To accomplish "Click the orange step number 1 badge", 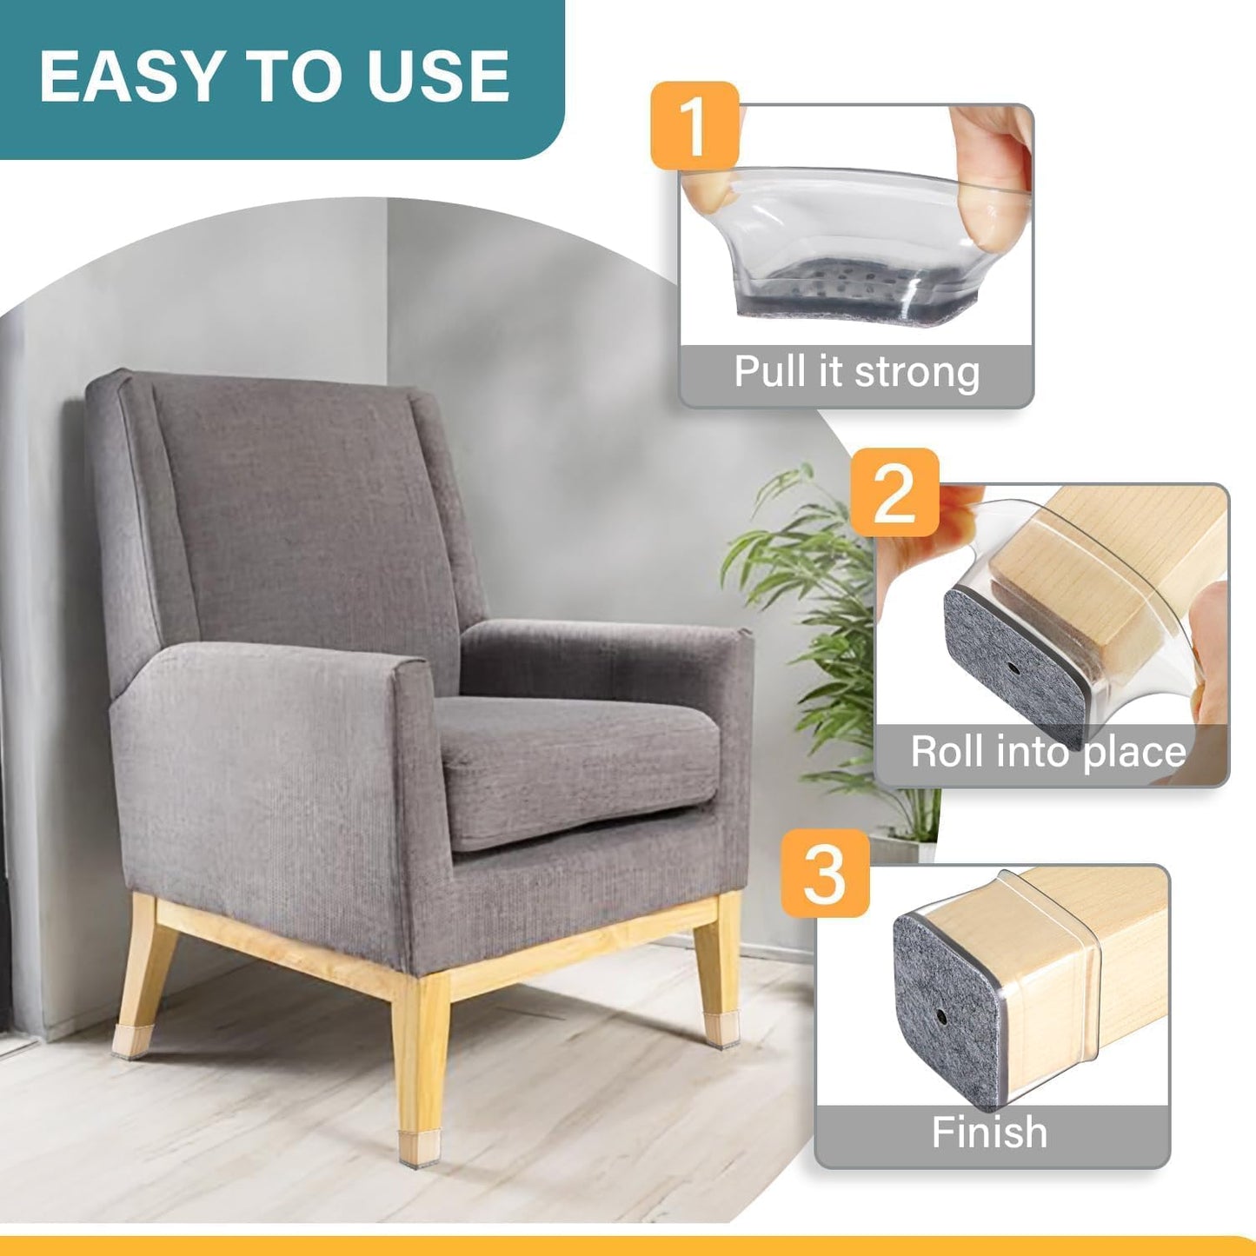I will tap(694, 125).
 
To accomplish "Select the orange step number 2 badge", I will tap(894, 493).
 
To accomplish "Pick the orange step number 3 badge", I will tap(825, 873).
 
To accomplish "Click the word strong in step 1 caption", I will tap(917, 372).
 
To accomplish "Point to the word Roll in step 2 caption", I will tap(944, 752).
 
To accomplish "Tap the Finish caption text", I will tap(989, 1133).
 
